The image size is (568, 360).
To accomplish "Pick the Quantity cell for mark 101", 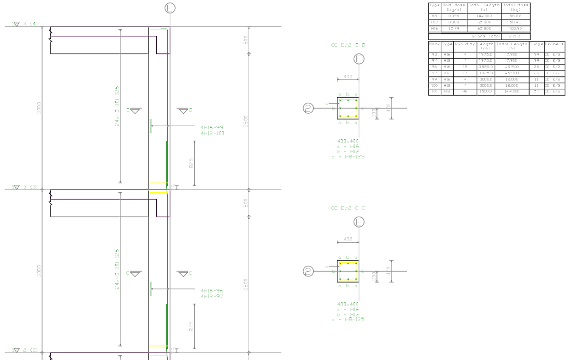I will pos(465,92).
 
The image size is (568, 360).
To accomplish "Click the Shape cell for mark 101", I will pos(536,92).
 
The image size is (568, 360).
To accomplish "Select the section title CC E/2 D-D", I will pos(348,45).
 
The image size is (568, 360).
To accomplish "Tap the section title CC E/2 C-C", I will pos(348,208).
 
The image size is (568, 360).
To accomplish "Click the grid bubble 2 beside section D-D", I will pos(308,109).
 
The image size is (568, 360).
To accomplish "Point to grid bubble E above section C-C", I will pos(359,222).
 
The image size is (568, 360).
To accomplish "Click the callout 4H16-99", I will pos(212,127).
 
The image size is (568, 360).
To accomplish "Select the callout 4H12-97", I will pos(212,296).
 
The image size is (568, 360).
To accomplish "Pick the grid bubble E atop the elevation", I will pos(170,7).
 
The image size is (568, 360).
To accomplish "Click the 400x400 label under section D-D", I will pos(348,141).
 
